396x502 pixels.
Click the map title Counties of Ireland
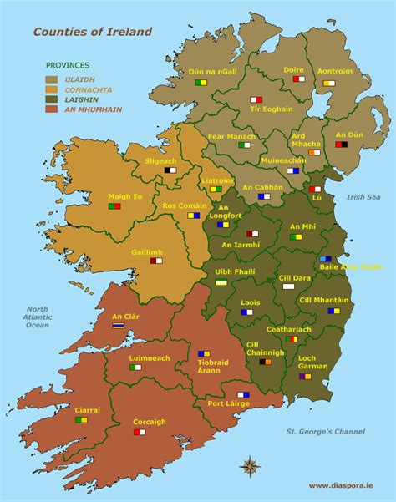[92, 32]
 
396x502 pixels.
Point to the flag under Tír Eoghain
[256, 99]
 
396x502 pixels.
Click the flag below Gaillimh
[156, 261]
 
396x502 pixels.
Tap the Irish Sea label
[365, 197]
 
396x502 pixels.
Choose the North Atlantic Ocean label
[37, 317]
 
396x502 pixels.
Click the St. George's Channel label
[326, 432]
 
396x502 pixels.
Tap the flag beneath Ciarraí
[82, 420]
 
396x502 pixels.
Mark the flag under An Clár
[119, 326]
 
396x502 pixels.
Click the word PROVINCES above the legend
[68, 65]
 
